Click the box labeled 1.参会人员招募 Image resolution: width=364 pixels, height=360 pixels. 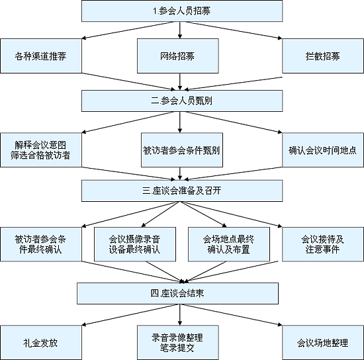pyautogui.click(x=182, y=11)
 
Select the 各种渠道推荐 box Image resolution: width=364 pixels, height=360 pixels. pyautogui.click(x=41, y=56)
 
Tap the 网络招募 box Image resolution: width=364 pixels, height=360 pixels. pyautogui.click(x=178, y=56)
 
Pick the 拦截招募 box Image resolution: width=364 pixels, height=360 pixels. pyautogui.click(x=323, y=56)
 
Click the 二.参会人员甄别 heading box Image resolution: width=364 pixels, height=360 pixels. pyautogui.click(x=182, y=101)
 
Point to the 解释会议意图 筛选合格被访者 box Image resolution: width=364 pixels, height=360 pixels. pyautogui.click(x=41, y=150)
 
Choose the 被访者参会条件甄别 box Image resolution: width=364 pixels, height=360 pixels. pyautogui.click(x=182, y=150)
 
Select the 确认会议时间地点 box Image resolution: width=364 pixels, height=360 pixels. pyautogui.click(x=323, y=150)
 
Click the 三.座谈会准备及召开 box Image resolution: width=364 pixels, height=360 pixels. pyautogui.click(x=182, y=191)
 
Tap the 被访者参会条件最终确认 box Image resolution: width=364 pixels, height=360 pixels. pyautogui.click(x=41, y=244)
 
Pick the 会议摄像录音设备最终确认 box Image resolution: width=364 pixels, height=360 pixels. pyautogui.click(x=135, y=244)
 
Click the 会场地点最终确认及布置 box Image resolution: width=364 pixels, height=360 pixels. pyautogui.click(x=229, y=244)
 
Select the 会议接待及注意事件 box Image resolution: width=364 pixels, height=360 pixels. pyautogui.click(x=323, y=244)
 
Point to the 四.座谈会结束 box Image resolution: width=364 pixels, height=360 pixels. pyautogui.click(x=177, y=293)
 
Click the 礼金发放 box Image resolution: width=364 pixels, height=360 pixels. pyautogui.click(x=41, y=343)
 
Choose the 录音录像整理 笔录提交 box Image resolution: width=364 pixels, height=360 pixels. pyautogui.click(x=178, y=343)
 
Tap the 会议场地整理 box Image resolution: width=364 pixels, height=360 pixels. pyautogui.click(x=323, y=343)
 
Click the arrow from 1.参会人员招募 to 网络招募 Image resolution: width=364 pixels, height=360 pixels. pyautogui.click(x=179, y=30)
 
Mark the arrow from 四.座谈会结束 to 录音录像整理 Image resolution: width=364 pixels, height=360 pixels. pyautogui.click(x=179, y=315)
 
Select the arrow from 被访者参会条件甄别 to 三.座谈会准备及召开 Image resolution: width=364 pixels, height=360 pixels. pyautogui.click(x=179, y=173)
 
